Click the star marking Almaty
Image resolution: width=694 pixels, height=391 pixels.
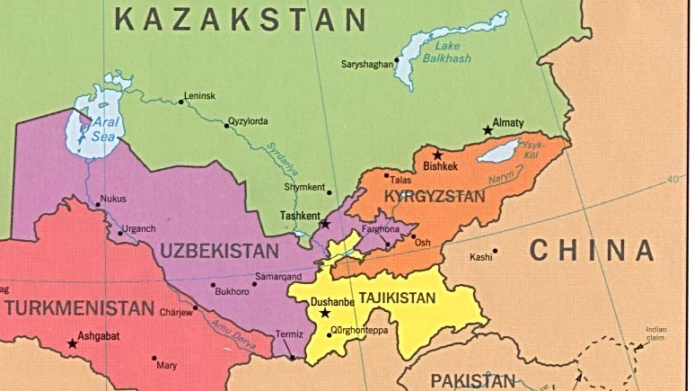click(488, 130)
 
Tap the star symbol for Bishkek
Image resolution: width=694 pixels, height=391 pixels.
click(437, 155)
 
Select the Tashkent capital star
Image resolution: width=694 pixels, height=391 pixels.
click(325, 223)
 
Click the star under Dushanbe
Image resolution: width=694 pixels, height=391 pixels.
click(325, 313)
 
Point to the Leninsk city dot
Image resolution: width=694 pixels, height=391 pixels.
click(181, 102)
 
